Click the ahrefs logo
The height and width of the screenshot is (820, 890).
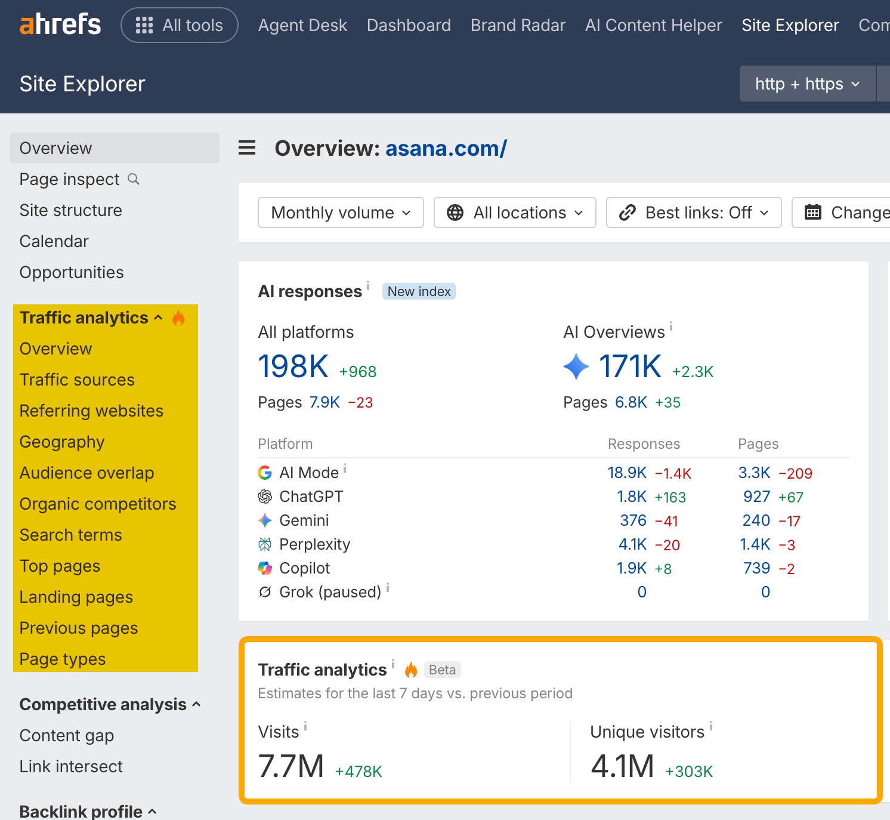60,24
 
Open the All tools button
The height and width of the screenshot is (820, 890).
179,25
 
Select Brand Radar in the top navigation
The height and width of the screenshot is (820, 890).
518,25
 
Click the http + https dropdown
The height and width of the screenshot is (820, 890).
808,84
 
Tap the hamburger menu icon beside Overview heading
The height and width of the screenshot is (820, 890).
247,147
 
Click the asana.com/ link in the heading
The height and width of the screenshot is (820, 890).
446,148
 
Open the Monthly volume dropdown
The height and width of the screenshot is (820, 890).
341,212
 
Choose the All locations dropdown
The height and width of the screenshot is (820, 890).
515,212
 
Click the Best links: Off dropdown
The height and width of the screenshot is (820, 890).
694,212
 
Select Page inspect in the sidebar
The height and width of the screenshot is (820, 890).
69,180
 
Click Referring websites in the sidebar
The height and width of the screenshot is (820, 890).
91,411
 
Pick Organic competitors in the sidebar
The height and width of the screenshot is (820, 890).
98,504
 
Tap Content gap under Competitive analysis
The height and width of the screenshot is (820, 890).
67,736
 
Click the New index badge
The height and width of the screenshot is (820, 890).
419,291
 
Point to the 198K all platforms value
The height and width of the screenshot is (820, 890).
293,366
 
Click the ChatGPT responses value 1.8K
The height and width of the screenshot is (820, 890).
632,497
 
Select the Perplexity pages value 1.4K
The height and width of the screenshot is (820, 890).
755,544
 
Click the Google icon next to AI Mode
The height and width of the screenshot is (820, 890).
265,473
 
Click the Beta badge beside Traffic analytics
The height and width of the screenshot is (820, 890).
443,670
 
